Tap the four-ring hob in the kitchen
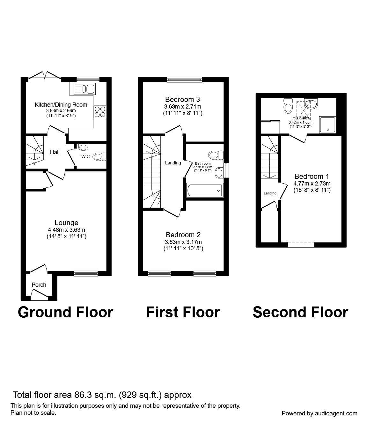pyautogui.click(x=100, y=112)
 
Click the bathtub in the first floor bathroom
pyautogui.click(x=204, y=191)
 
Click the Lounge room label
pyautogui.click(x=66, y=223)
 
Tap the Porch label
pyautogui.click(x=39, y=284)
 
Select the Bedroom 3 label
pyautogui.click(x=183, y=99)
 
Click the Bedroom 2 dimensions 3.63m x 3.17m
pyautogui.click(x=183, y=242)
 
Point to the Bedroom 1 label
pyautogui.click(x=312, y=176)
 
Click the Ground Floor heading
pyautogui.click(x=65, y=312)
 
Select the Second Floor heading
pyautogui.click(x=300, y=312)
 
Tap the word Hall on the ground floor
pyautogui.click(x=55, y=152)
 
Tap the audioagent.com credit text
pyautogui.click(x=319, y=413)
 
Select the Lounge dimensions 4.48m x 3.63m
pyautogui.click(x=66, y=230)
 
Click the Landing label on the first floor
pyautogui.click(x=173, y=163)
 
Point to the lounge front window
pyautogui.click(x=86, y=273)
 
